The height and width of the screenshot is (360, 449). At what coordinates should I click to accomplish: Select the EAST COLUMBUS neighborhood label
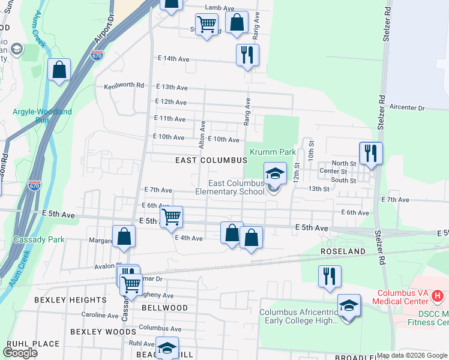click(x=211, y=161)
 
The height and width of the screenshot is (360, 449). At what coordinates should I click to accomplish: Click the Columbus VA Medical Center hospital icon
click(x=437, y=296)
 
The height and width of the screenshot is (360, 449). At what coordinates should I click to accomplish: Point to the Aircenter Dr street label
click(x=407, y=108)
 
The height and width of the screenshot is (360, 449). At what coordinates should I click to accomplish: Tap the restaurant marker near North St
click(x=371, y=154)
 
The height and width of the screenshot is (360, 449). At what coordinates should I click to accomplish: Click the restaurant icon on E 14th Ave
click(x=247, y=56)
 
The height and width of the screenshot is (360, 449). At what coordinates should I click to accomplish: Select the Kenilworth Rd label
click(x=124, y=85)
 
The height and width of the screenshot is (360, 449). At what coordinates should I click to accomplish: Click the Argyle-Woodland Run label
click(x=41, y=116)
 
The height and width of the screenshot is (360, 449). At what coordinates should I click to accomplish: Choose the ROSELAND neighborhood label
click(x=343, y=251)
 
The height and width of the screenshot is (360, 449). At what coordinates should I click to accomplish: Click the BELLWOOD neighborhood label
click(x=164, y=307)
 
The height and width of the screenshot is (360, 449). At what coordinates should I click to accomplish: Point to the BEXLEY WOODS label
click(x=103, y=331)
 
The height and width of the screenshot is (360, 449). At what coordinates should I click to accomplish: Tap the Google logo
click(x=20, y=353)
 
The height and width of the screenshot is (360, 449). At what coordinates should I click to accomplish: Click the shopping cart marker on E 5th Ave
click(x=172, y=218)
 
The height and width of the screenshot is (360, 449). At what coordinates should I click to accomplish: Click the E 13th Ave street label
click(x=173, y=87)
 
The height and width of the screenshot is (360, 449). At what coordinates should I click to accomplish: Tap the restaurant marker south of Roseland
click(x=330, y=276)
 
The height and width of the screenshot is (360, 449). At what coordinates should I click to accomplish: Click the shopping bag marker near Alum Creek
click(x=59, y=70)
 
